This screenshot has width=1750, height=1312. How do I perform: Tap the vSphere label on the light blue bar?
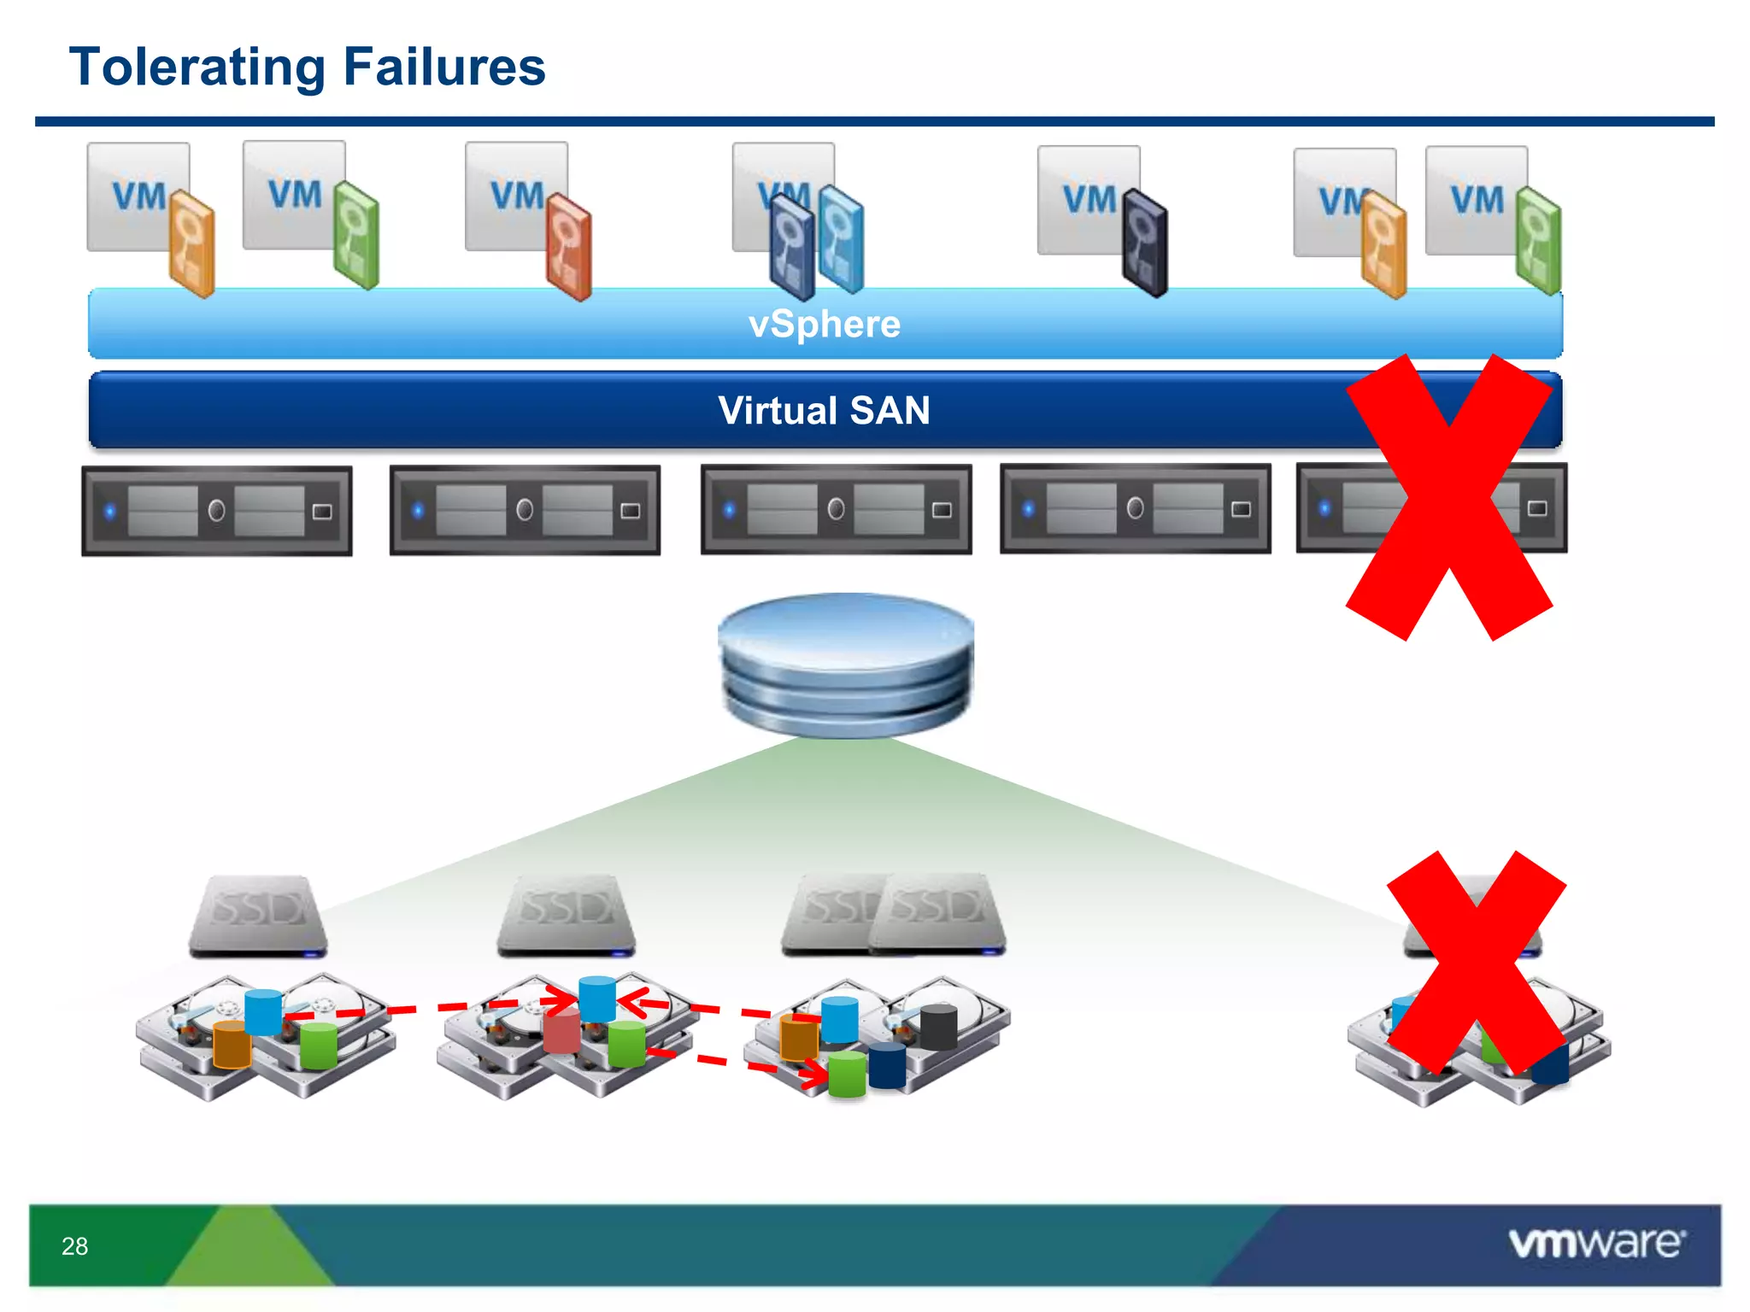point(824,325)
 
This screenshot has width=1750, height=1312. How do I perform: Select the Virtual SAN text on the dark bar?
point(824,411)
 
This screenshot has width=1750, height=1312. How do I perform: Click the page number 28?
point(74,1246)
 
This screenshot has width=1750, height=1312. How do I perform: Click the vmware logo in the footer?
point(1596,1243)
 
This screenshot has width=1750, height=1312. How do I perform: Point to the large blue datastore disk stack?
point(846,664)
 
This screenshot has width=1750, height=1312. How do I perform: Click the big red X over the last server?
point(1449,497)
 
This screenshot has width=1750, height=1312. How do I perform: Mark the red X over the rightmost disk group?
point(1477,961)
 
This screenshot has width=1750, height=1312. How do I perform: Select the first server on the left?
point(217,511)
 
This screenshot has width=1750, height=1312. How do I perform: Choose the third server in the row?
point(836,509)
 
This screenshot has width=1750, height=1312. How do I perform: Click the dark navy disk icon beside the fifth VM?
point(1145,243)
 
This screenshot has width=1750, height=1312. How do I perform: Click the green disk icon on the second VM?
point(355,235)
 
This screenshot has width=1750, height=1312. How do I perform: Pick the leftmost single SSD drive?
point(257,914)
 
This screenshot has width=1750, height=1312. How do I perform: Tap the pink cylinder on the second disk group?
point(561,1033)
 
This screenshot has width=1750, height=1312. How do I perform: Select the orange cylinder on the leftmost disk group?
point(231,1044)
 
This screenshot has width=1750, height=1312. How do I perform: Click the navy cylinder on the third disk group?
point(886,1067)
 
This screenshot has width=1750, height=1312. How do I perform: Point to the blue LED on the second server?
point(418,511)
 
